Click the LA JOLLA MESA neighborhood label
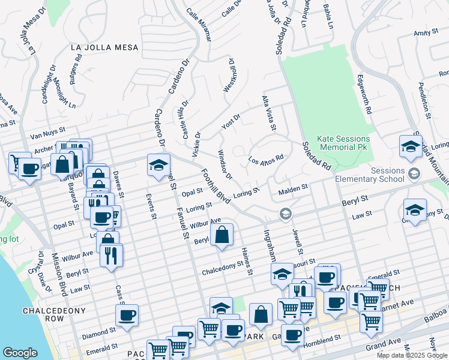pos(104,47)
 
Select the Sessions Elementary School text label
pos(388,175)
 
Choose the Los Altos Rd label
pos(265,161)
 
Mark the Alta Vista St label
pos(268,113)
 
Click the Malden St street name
pos(294,189)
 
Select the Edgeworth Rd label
pos(364,95)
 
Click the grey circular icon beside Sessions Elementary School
pos(413,175)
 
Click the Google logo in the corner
pos(20,352)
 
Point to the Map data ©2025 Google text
pos(411,355)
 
